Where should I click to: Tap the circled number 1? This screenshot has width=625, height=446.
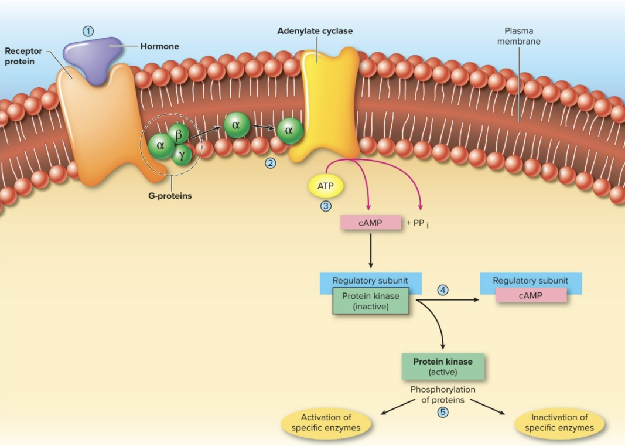(x=88, y=32)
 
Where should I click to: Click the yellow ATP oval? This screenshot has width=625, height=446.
(x=325, y=186)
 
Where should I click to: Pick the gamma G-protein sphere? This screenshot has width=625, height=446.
(x=182, y=154)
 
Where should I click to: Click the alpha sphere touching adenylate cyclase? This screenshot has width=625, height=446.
(x=289, y=131)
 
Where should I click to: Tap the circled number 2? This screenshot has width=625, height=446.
(x=270, y=163)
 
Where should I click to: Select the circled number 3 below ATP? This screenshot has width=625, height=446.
(x=325, y=206)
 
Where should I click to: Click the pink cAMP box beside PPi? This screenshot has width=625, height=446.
(x=371, y=223)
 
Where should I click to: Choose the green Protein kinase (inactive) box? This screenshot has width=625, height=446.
(x=371, y=301)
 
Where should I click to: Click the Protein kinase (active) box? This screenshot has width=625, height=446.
(x=443, y=366)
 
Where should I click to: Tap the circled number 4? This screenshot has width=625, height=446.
(x=443, y=290)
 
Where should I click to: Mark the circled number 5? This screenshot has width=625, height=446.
(x=443, y=412)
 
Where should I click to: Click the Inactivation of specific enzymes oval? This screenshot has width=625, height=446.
(x=559, y=423)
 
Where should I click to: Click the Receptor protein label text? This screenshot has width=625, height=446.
(x=23, y=56)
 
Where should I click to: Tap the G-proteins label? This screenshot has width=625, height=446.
(x=170, y=196)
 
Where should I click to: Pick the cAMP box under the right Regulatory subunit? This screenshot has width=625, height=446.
(x=531, y=296)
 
